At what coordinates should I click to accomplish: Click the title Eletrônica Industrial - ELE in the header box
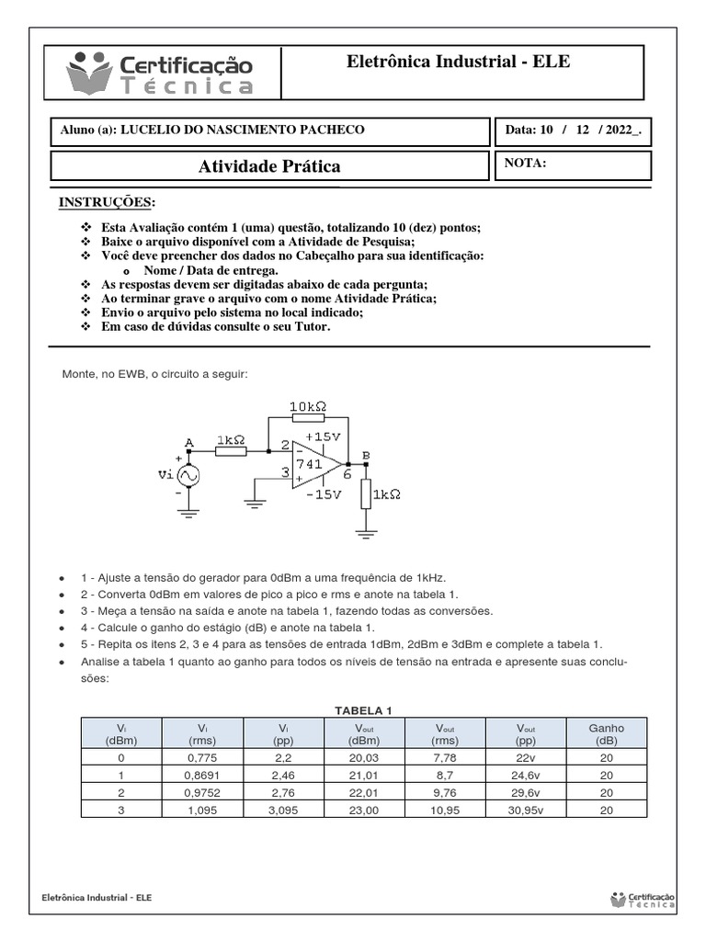pyautogui.click(x=458, y=62)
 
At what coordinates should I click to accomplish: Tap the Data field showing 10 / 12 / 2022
pyautogui.click(x=573, y=130)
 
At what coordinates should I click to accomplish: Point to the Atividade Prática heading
pyautogui.click(x=269, y=166)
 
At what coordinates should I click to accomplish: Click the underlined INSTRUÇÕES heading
pyautogui.click(x=108, y=202)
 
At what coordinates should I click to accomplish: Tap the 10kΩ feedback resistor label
pyautogui.click(x=308, y=405)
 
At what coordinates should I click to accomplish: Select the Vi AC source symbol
pyautogui.click(x=188, y=476)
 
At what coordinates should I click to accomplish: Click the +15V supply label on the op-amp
pyautogui.click(x=323, y=436)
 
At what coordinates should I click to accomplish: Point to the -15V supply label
pyautogui.click(x=323, y=493)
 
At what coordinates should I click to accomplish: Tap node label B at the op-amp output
pyautogui.click(x=367, y=454)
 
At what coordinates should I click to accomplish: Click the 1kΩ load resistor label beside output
pyautogui.click(x=387, y=494)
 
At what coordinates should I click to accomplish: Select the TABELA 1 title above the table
pyautogui.click(x=363, y=710)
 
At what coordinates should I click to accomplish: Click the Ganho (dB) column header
pyautogui.click(x=606, y=733)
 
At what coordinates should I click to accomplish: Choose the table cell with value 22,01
pyautogui.click(x=363, y=791)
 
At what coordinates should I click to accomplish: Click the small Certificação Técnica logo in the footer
pyautogui.click(x=643, y=899)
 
